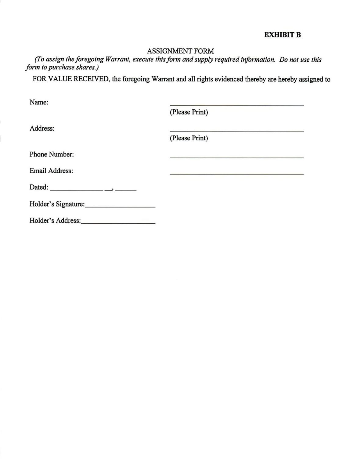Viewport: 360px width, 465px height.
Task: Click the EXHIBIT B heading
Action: coord(282,35)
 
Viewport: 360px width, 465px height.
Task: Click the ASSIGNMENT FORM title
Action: coord(180,51)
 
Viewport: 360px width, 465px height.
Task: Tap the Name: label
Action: coord(39,102)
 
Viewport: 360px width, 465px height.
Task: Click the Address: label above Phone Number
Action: coord(42,128)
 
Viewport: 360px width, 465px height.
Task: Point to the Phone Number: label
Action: coord(52,154)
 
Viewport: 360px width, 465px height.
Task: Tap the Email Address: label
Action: coord(51,171)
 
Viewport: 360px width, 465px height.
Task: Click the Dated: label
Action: coord(39,187)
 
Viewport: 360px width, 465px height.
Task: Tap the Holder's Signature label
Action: coord(57,204)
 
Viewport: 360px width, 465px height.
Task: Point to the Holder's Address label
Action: coord(55,221)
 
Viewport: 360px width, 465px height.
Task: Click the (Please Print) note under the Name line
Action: coord(189,112)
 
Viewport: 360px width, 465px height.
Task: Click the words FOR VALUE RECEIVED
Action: coord(70,79)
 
